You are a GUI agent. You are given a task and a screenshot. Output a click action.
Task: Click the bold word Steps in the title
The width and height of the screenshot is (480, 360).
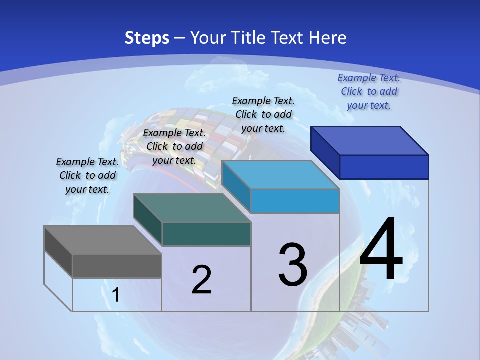point(147,38)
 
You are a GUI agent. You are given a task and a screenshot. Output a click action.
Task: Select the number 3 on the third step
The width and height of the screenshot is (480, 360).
point(293,264)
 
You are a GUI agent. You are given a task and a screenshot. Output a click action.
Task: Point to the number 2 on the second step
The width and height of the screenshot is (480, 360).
point(201,280)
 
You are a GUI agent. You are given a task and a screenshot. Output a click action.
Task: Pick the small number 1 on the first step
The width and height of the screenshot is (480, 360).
point(116,295)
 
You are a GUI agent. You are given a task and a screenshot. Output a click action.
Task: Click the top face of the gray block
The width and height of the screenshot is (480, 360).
point(103,240)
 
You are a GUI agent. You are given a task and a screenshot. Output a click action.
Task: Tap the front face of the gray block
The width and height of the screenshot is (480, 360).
point(117,266)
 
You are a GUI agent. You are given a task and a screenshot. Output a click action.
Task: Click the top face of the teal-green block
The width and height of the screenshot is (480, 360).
point(192,208)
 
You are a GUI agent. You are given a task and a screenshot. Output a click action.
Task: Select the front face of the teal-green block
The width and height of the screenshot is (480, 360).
point(206,234)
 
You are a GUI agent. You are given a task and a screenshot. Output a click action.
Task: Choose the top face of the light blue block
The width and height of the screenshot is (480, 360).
point(280,175)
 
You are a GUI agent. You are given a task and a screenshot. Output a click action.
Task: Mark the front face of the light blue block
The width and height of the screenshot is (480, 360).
point(295,201)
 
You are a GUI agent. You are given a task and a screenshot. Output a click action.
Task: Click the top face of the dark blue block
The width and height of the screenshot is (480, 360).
point(370,141)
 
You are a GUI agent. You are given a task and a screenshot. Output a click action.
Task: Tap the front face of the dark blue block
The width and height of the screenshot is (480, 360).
point(384,167)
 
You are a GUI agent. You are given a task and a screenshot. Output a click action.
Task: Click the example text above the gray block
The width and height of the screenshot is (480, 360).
point(87,175)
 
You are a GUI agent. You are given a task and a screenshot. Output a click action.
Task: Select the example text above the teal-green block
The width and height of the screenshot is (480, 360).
point(174,146)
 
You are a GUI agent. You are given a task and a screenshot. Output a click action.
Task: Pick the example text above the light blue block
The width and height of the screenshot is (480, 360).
point(263,114)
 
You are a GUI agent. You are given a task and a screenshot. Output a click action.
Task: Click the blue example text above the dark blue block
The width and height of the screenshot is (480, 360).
point(369,91)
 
